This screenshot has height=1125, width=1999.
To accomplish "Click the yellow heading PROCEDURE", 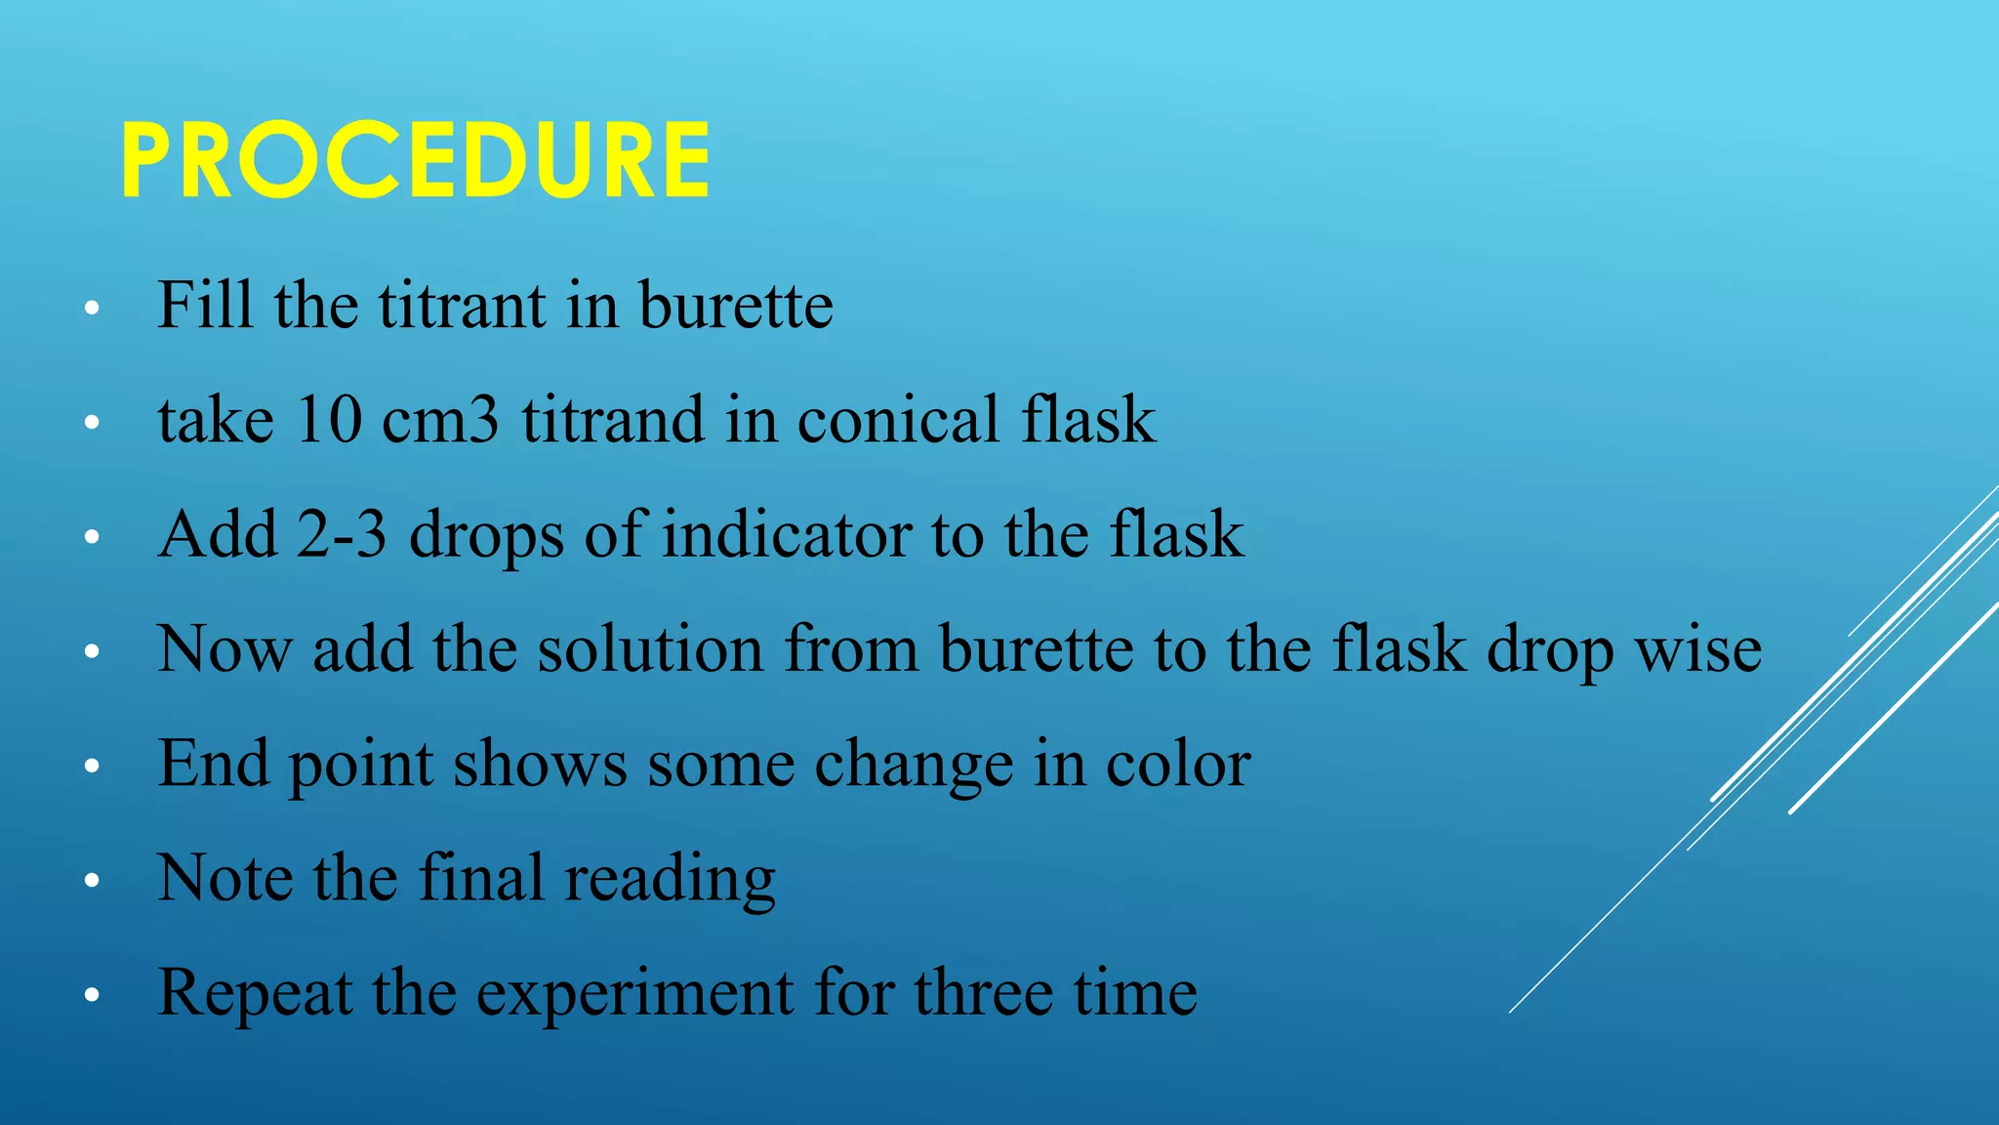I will pos(416,160).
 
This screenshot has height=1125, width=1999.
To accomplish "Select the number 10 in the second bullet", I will pos(328,420).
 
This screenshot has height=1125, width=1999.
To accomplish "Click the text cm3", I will pos(440,420).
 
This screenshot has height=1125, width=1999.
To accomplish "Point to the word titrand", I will pos(612,420).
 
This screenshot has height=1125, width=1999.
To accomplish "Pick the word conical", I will pos(898,420).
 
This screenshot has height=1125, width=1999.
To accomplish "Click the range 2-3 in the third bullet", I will pos(341,534).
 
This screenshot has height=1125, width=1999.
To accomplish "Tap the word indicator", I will pos(787,534).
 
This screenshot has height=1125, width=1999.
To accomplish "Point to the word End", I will pos(213,764).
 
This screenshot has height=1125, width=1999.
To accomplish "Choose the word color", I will pos(1178,764).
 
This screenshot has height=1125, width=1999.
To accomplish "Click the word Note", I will pos(224,878).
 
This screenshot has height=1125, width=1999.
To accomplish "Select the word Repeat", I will pos(254,994).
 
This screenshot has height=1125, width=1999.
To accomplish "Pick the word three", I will pos(984,992).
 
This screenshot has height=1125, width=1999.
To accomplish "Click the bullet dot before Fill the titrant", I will pos(92,309).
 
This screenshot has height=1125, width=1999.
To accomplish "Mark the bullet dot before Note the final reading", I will pos(92,882).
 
